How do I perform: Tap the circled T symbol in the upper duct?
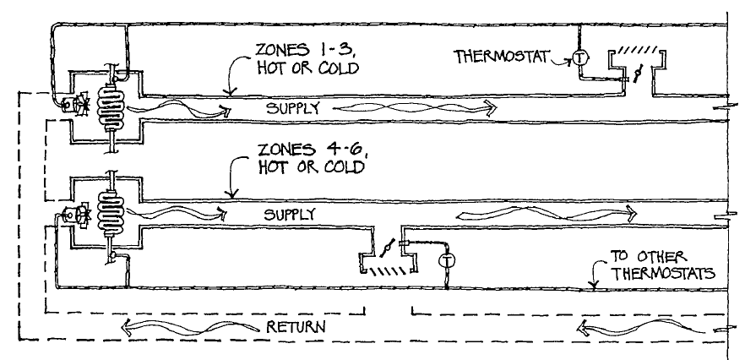579,57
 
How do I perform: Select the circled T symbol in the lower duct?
449,258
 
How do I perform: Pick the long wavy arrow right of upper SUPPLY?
418,106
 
